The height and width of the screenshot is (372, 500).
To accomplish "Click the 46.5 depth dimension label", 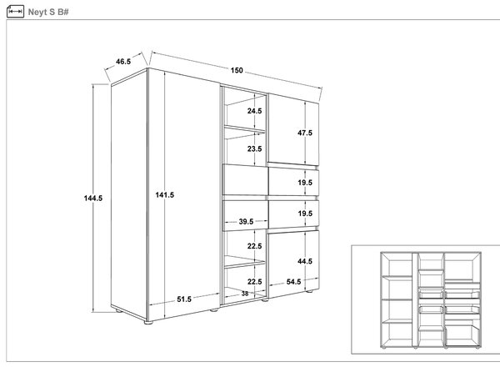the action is (123, 61).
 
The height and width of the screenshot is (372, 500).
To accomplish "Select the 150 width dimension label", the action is (237, 70).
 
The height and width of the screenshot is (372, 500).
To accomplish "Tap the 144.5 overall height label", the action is (93, 199).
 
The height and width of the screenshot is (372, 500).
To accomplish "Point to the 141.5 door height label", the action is (164, 194).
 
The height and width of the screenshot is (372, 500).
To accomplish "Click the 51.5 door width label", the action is (184, 299).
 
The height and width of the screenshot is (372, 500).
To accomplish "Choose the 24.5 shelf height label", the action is (254, 111).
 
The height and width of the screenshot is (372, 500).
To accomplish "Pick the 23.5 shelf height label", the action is (254, 148).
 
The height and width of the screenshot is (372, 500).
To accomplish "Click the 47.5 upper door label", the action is (305, 133).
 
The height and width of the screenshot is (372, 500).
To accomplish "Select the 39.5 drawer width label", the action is (246, 221).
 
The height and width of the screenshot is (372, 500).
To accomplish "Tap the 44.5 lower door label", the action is (305, 261).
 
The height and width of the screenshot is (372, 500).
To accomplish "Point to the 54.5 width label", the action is (293, 282).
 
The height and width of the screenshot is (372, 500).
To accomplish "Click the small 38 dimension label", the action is (244, 294).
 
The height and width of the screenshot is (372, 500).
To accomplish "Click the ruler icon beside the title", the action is (15, 12).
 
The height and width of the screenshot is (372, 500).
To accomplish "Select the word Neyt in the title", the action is (37, 13).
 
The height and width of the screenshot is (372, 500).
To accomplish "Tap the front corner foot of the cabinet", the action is (148, 323).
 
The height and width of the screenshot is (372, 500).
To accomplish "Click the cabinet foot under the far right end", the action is (308, 291).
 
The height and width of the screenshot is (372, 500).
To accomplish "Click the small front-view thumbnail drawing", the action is (431, 300).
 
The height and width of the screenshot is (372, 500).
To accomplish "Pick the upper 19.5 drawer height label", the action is (305, 183).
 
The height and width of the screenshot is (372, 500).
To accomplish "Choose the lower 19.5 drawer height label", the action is (305, 214).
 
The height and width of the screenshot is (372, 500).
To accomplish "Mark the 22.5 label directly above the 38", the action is (254, 282).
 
